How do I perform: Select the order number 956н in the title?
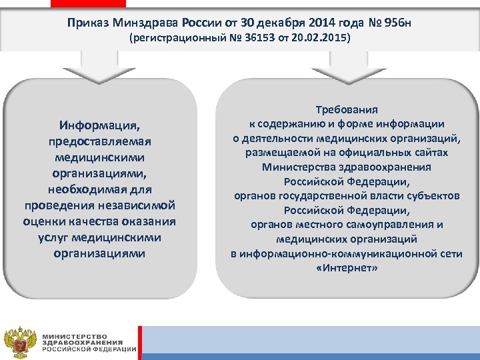click(x=397, y=23)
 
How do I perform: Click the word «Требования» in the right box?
click(x=347, y=111)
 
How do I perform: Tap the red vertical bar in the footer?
click(x=139, y=340)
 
